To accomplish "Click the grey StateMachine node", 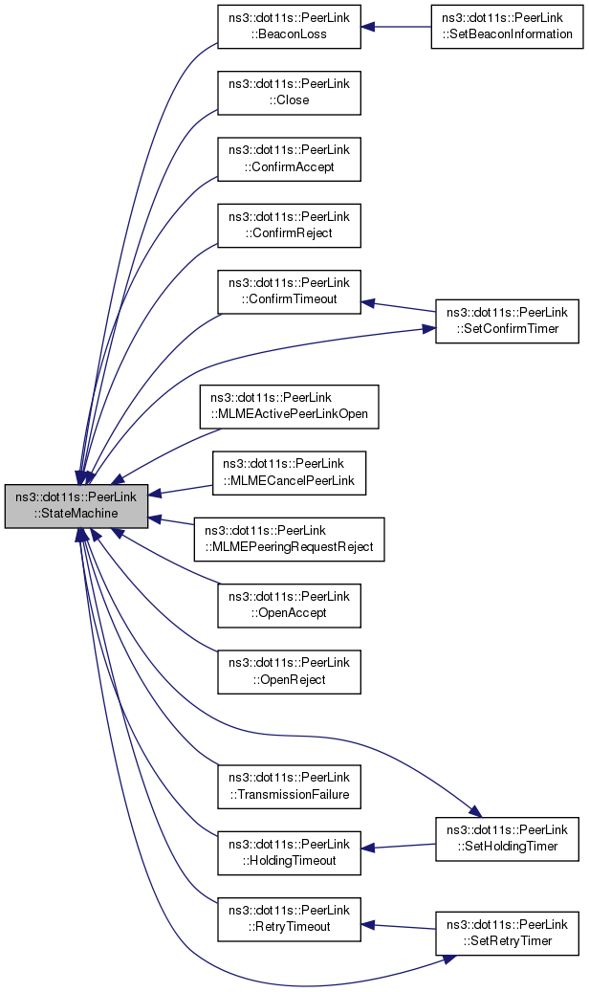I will point(76,505).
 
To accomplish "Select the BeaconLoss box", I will point(289,26).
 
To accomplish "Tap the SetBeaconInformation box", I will point(506,26).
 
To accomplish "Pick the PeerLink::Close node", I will point(289,92).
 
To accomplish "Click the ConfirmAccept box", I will point(289,158).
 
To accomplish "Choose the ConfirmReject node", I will point(289,224).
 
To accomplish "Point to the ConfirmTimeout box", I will point(289,290).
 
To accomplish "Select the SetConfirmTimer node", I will point(506,320).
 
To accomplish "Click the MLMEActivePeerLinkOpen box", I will point(289,406).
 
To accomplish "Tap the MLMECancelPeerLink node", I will point(289,472).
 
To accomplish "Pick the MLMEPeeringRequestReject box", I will point(289,539).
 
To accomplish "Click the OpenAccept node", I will point(289,605).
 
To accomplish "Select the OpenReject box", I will point(289,671).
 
